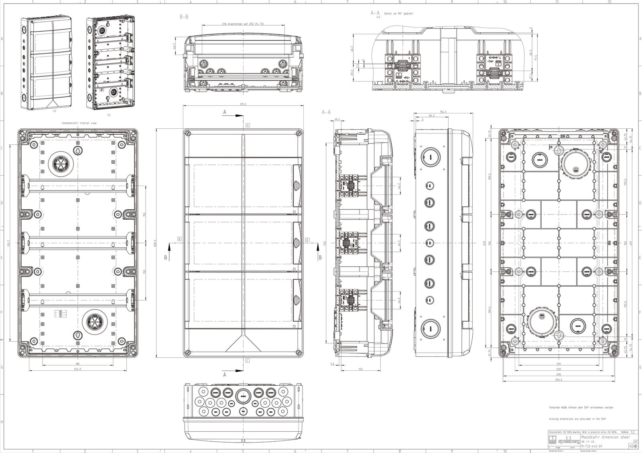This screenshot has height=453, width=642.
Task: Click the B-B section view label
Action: click(184, 17)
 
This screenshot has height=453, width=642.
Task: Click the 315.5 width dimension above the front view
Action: click(243, 105)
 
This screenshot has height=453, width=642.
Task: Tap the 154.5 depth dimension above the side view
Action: click(443, 112)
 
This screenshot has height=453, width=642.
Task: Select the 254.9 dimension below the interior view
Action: click(77, 369)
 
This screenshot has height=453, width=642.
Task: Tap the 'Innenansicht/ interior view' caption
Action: click(79, 123)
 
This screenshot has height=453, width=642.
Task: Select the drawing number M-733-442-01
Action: click(591, 445)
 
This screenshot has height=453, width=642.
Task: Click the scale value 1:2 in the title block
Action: click(632, 432)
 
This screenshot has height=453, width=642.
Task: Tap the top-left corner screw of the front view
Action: click(187, 133)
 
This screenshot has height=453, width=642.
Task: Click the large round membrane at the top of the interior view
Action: click(59, 164)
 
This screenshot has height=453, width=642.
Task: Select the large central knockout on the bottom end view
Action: click(242, 396)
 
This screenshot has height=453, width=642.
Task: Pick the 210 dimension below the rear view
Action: click(559, 364)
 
